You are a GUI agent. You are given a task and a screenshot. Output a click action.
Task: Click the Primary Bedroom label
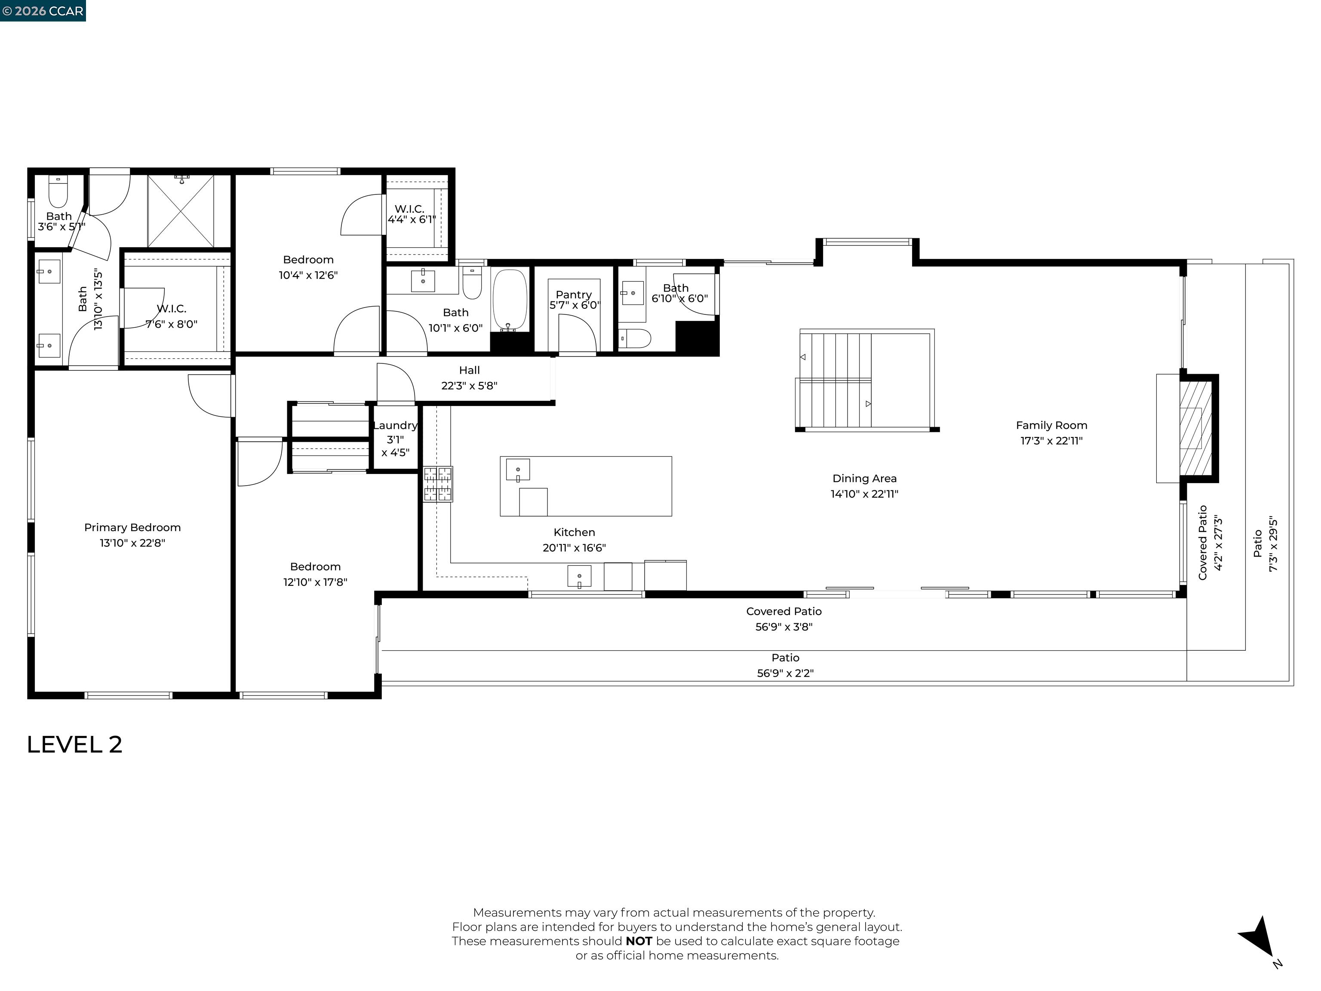[x=132, y=527]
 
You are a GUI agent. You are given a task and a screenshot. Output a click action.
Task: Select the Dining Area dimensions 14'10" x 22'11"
[x=864, y=494]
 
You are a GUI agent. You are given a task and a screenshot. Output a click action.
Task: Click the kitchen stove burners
[x=438, y=484]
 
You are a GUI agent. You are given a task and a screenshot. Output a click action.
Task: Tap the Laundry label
[x=395, y=425]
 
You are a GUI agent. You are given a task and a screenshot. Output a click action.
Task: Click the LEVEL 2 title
[x=75, y=744]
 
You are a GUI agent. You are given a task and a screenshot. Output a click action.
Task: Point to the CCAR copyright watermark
[x=43, y=11]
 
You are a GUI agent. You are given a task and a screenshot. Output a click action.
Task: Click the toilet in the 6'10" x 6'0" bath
[x=634, y=338]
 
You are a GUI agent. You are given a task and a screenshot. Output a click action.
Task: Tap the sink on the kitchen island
[x=518, y=470]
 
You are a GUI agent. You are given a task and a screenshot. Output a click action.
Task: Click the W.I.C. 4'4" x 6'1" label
[x=411, y=214]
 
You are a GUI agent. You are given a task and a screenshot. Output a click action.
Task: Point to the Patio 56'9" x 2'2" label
[x=785, y=665]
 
